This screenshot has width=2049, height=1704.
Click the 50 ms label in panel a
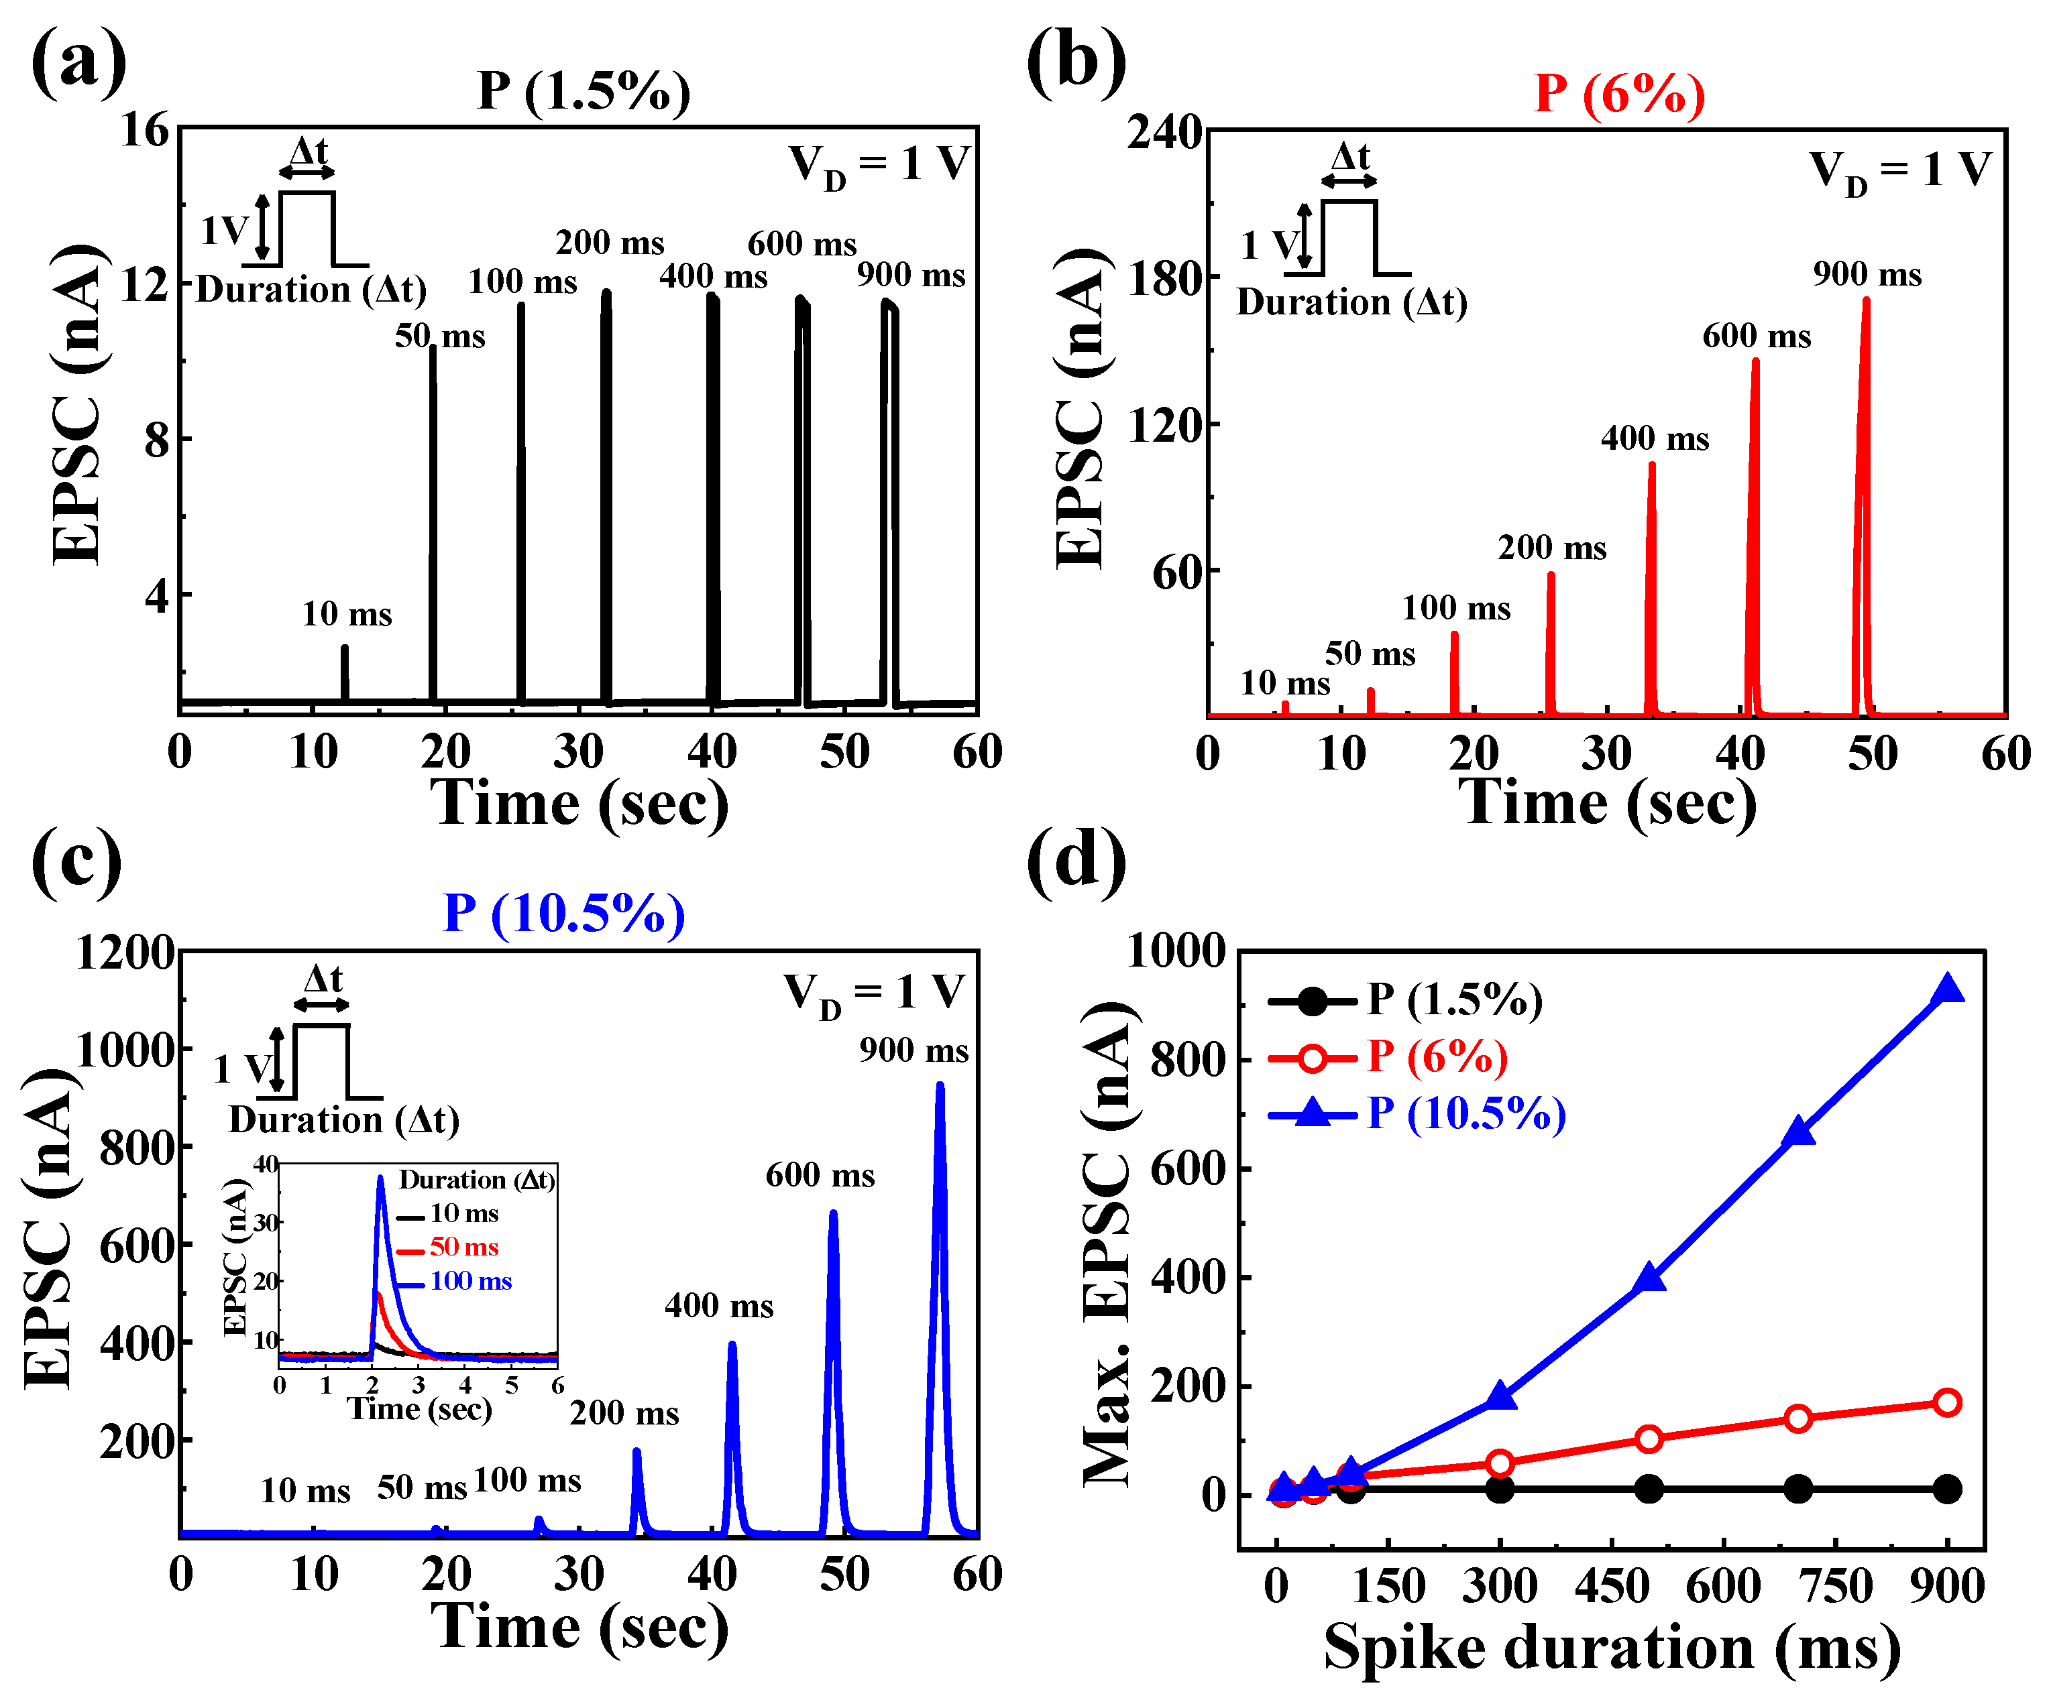439,337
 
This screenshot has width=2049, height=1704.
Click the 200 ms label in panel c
624,1412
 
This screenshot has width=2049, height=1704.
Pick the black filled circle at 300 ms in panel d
1500,1489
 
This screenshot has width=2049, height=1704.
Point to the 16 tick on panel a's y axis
144,130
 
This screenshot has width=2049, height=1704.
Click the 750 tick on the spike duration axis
1836,1587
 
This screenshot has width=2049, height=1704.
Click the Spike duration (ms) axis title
1612,1648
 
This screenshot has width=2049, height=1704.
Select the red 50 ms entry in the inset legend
463,1247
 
